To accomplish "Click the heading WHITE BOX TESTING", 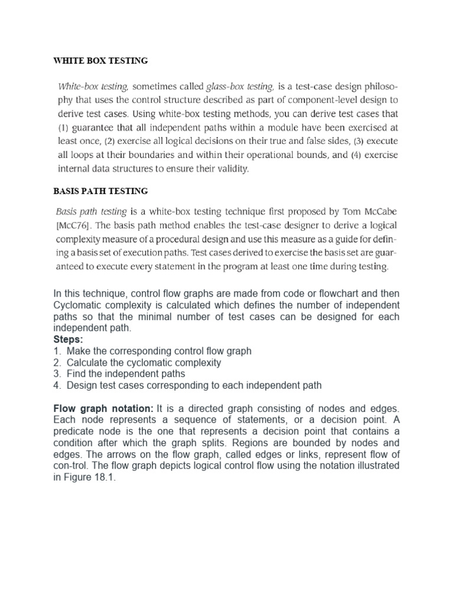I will coord(100,61).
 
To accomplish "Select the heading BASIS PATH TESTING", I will coord(100,191).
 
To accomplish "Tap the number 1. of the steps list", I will coord(57,351).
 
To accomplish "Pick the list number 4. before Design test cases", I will coord(57,385).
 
